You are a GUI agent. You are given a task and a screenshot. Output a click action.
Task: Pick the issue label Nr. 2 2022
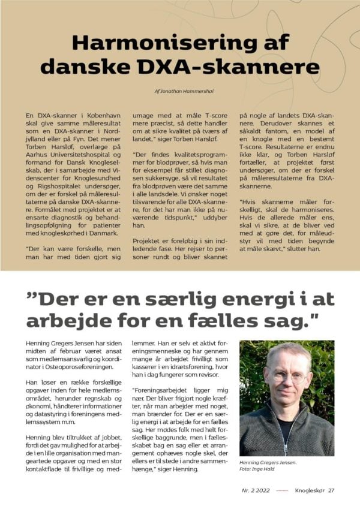255,490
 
